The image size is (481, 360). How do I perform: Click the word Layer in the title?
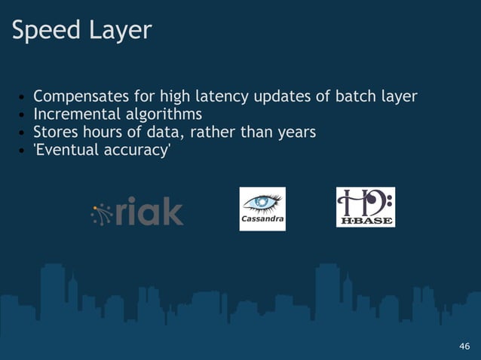tap(120, 31)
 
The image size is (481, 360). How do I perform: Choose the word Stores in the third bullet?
tap(57, 133)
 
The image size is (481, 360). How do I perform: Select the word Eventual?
tap(68, 150)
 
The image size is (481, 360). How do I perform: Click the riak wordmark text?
tap(150, 212)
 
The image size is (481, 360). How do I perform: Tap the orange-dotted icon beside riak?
tap(102, 214)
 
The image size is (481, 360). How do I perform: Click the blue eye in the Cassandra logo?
tap(262, 203)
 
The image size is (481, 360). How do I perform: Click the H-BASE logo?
tap(366, 207)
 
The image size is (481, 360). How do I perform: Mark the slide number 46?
tap(464, 346)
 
